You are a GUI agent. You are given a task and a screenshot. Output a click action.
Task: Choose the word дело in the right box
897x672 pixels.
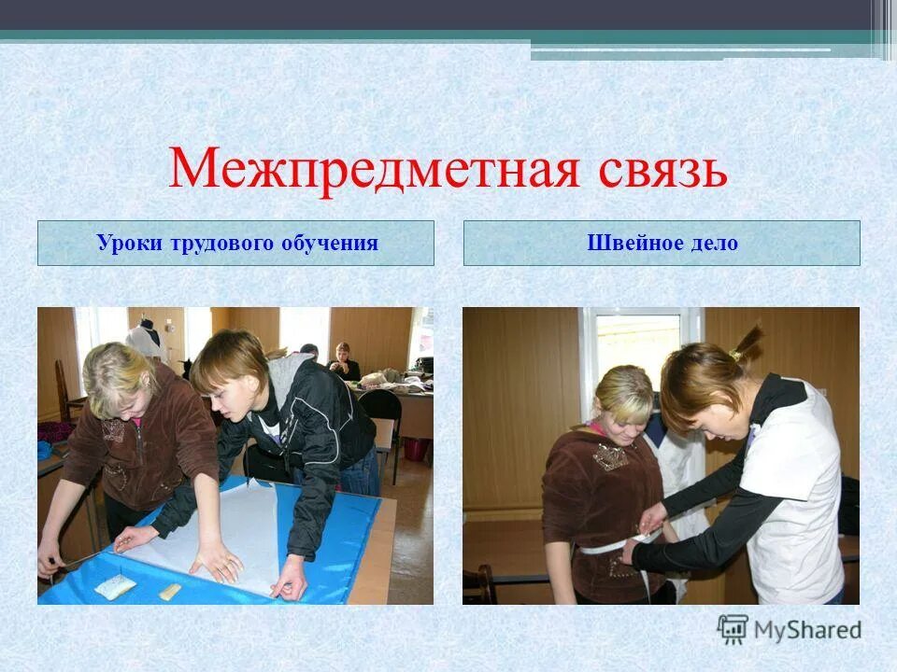[x=715, y=244]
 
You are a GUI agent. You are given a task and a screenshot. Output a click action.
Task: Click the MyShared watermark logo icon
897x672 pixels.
[x=733, y=629]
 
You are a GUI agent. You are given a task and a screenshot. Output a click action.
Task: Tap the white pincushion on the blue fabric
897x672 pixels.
[x=114, y=585]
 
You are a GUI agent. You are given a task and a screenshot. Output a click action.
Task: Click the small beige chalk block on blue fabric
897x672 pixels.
[x=170, y=591]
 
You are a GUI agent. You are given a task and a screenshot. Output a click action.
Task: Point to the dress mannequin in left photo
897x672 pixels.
[x=145, y=342]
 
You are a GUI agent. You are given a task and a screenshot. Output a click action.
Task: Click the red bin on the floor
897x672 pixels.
[x=414, y=449]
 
